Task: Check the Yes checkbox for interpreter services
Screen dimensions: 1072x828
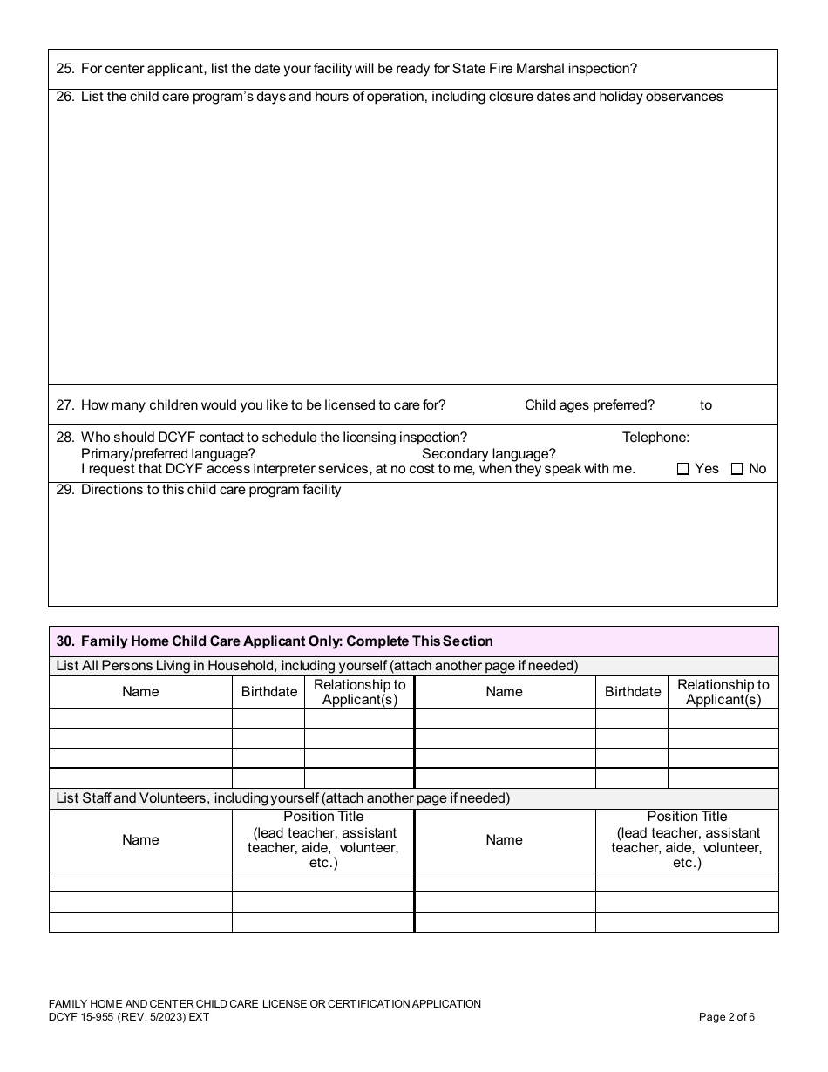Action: (683, 469)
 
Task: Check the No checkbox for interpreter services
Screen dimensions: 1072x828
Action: (737, 469)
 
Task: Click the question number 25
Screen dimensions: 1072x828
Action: (64, 69)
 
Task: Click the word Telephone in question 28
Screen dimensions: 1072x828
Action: (655, 438)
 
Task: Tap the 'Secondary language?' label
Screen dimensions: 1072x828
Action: (488, 453)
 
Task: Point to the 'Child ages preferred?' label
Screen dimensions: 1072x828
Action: (589, 404)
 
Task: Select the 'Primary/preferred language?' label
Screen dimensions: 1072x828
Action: (168, 453)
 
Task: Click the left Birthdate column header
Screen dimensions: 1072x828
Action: (268, 692)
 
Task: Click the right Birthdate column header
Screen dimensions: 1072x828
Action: (633, 692)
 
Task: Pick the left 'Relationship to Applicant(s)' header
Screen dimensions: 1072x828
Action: (359, 692)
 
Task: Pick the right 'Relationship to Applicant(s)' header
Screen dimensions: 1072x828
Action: (723, 692)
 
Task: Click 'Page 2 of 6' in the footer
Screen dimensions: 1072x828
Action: (727, 1016)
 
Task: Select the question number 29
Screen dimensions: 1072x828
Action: (64, 490)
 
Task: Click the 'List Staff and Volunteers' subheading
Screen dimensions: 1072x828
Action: (282, 798)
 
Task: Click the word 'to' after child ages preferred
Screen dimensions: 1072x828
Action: (706, 404)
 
